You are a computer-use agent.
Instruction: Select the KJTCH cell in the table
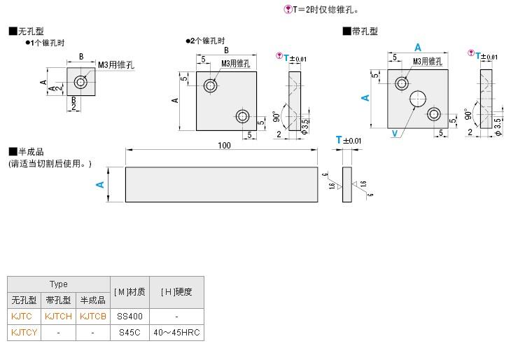pyautogui.click(x=58, y=316)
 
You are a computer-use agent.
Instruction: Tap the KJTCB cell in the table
pyautogui.click(x=93, y=316)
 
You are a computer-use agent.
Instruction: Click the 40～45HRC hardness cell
pyautogui.click(x=176, y=333)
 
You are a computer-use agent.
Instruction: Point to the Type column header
pyautogui.click(x=58, y=284)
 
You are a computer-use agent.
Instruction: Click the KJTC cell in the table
pyautogui.click(x=22, y=316)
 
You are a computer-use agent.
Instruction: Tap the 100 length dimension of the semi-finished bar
pyautogui.click(x=224, y=145)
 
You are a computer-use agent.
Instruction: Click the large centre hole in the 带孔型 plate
pyautogui.click(x=419, y=98)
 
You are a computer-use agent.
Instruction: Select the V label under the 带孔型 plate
pyautogui.click(x=395, y=133)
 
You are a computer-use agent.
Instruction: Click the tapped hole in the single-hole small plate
pyautogui.click(x=82, y=83)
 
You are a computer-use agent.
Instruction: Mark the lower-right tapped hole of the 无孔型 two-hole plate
pyautogui.click(x=243, y=115)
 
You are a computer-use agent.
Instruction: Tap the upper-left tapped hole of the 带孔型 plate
pyautogui.click(x=402, y=83)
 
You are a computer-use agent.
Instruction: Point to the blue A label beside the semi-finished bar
pyautogui.click(x=100, y=184)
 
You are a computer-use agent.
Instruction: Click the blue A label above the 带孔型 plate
pyautogui.click(x=418, y=47)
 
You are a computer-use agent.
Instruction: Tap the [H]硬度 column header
pyautogui.click(x=176, y=291)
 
